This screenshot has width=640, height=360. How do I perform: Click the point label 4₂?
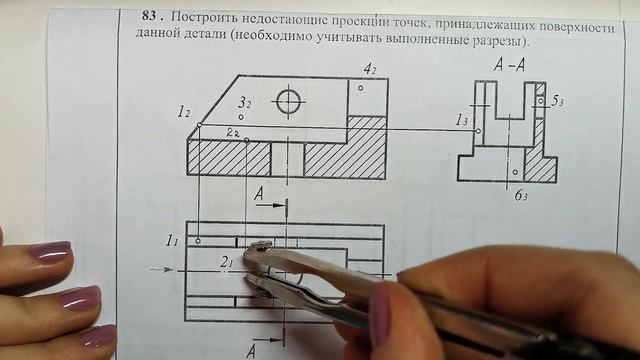tap(370, 68)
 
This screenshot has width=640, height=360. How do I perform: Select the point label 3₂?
tap(244, 103)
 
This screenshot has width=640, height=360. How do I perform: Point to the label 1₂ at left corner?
tap(184, 113)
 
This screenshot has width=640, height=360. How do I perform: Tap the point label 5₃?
tap(560, 102)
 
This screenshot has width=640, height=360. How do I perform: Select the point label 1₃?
tap(462, 120)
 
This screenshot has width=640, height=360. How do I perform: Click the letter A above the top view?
tap(259, 198)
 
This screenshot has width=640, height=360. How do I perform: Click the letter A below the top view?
tap(252, 349)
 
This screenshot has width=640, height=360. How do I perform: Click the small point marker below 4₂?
tap(361, 86)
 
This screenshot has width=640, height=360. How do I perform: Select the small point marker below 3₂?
tap(241, 117)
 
